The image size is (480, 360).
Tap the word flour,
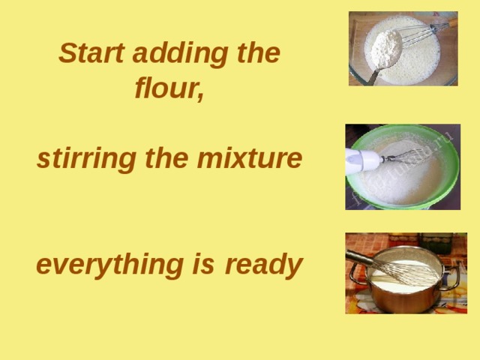click(x=169, y=88)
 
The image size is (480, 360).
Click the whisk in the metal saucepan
click(x=405, y=270)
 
